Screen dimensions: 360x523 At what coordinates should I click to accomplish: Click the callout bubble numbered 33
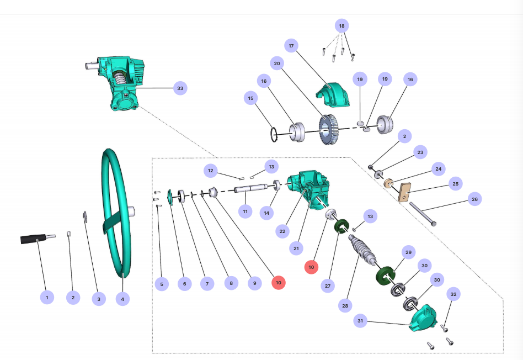(x=179, y=88)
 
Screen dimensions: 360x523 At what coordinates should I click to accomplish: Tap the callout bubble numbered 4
(x=122, y=299)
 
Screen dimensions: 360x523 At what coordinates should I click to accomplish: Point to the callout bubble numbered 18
(x=341, y=26)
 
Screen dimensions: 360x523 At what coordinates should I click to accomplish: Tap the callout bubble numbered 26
(x=474, y=199)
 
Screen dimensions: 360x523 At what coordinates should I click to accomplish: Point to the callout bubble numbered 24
(x=439, y=168)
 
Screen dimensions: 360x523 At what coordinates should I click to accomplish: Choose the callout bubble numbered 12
(x=210, y=171)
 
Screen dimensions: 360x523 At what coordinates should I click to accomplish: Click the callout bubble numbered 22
(x=282, y=231)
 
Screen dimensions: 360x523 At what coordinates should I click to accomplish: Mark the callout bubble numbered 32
(x=453, y=294)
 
